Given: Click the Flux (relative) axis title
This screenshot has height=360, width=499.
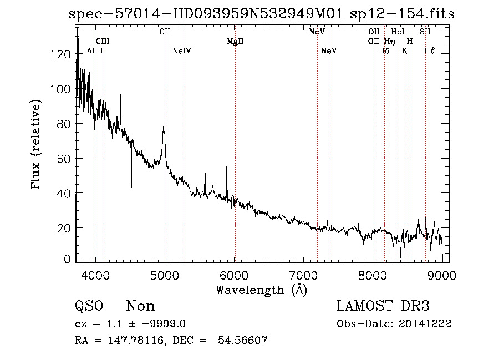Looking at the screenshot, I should [37, 145].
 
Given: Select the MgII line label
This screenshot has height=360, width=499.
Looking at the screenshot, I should [235, 42].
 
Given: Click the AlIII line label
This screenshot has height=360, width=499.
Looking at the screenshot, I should [95, 51].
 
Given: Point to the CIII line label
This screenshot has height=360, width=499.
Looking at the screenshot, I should [103, 42].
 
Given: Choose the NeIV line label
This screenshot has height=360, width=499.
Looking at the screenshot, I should [182, 51].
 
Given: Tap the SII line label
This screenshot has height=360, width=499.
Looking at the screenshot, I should [425, 32].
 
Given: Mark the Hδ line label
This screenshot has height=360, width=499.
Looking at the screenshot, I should [429, 51].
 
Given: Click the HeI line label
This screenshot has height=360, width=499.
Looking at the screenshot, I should [398, 32].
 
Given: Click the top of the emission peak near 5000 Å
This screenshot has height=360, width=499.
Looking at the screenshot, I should [164, 127].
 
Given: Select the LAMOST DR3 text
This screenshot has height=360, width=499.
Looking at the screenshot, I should [383, 306].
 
